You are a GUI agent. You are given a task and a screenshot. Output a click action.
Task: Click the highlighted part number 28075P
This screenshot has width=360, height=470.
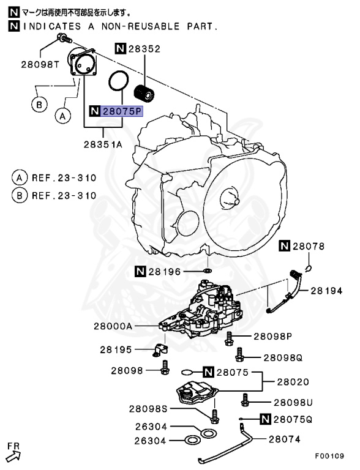[121, 111]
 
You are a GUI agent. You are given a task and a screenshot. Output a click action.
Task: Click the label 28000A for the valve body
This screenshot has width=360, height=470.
[113, 327]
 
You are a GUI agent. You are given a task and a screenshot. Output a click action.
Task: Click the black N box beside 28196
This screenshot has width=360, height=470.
[140, 270]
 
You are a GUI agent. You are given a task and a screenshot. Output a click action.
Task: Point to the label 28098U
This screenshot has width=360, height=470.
[293, 402]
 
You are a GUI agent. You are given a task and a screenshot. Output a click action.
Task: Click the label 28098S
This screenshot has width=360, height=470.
[147, 409]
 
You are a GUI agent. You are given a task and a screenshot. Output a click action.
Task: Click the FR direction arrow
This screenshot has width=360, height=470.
[13, 453]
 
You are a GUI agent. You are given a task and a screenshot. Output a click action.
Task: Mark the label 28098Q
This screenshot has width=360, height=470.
[283, 357]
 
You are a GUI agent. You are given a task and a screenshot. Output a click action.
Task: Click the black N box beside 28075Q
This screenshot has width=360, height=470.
[265, 419]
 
